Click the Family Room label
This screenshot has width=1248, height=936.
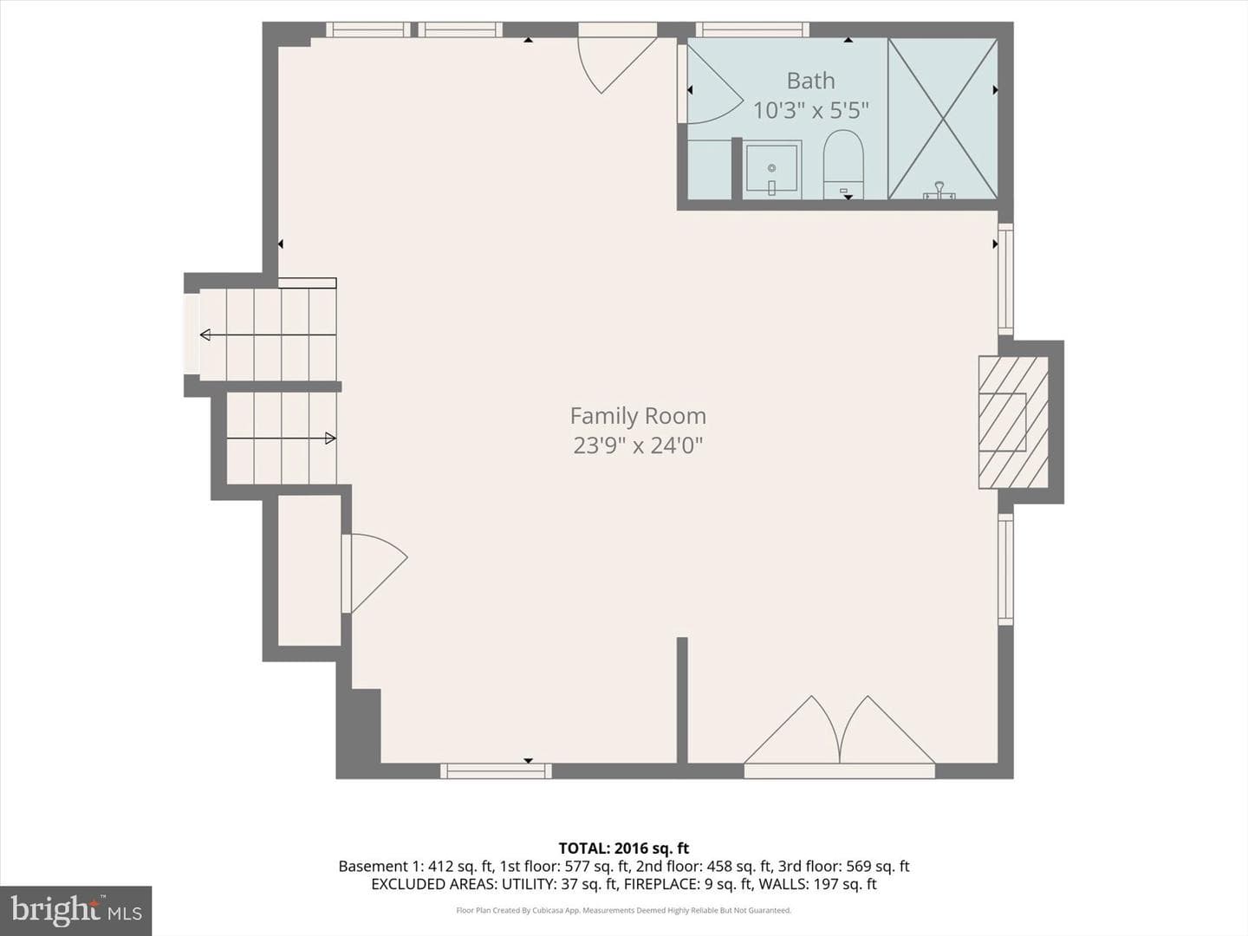coord(638,416)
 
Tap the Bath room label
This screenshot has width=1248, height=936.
coord(811,81)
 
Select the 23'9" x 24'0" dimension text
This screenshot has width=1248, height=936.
coord(638,445)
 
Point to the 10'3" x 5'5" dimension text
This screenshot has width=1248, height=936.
coord(811,110)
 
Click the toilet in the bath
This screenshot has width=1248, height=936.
coord(844,165)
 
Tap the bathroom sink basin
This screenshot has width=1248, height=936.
coord(771,169)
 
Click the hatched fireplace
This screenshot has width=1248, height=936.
coord(1013,422)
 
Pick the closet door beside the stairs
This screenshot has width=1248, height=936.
coord(375,574)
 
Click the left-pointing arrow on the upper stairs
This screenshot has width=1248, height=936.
coord(268,335)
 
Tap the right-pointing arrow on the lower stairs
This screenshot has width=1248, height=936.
coord(282,439)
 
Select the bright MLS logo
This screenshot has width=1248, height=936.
coord(75,911)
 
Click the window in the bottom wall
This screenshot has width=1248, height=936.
coord(496,771)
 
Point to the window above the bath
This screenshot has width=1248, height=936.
coord(752,29)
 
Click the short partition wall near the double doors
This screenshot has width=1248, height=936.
coord(682,700)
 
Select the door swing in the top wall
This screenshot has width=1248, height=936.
coord(618,62)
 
